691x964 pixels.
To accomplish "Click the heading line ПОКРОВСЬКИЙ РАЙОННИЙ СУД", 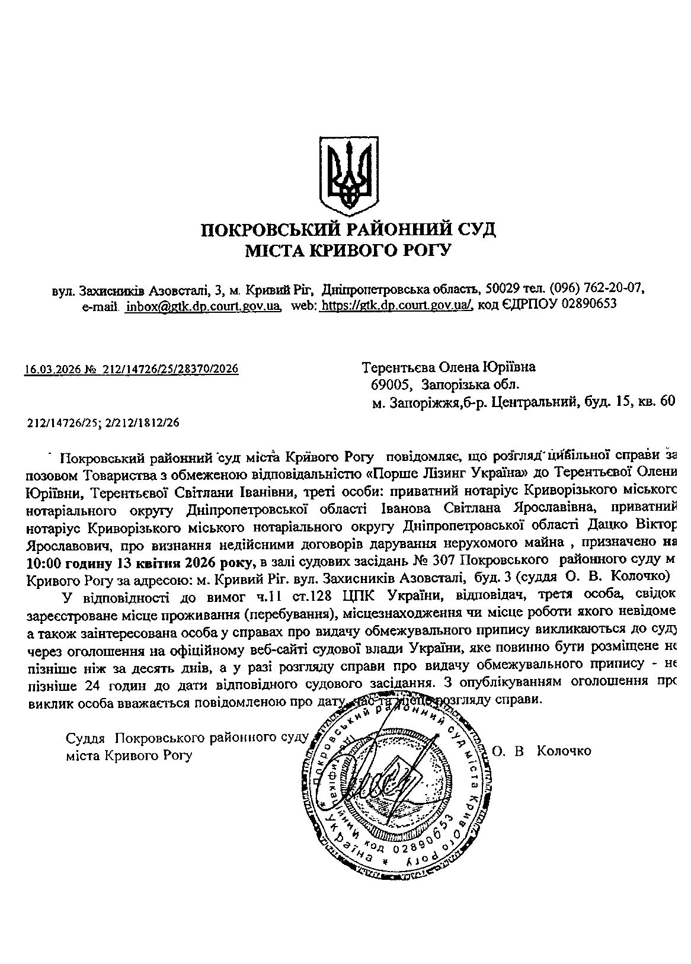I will pos(348,229).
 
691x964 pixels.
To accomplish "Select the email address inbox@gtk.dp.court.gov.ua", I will pos(203,305).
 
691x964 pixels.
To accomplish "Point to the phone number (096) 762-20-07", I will pos(597,289).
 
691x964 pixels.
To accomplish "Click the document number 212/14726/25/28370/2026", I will pos(171,370).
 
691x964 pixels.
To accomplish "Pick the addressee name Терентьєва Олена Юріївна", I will pos(449,367).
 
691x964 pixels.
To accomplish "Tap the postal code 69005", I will pos(391,385).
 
